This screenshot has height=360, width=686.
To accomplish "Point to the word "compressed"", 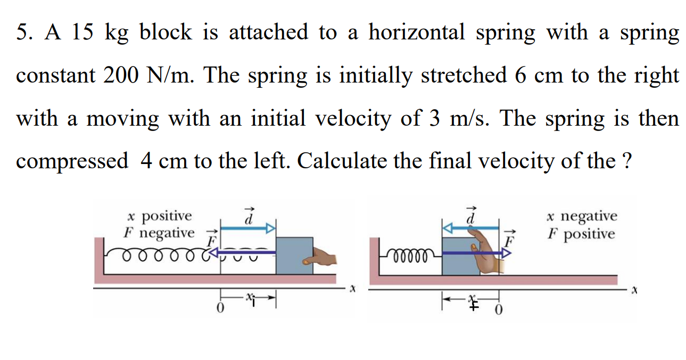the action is tap(72, 161).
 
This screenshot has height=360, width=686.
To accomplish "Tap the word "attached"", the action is tap(268, 33).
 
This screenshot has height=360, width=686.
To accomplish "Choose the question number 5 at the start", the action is tap(22, 33).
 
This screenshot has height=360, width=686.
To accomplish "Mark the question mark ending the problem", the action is tap(626, 161).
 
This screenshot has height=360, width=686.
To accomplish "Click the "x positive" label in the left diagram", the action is tap(160, 216).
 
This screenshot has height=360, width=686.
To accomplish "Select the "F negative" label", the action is tap(159, 233).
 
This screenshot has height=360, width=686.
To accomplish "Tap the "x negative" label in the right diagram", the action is tap(582, 216).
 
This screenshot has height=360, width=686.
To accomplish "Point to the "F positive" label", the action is tap(581, 234).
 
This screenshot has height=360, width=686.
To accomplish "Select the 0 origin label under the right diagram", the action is tap(499, 310).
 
